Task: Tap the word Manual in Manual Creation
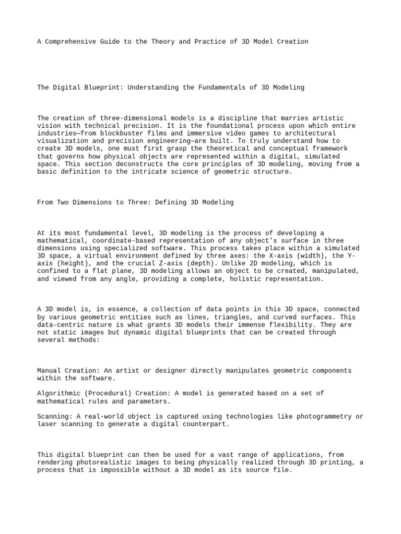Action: click(49, 371)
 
